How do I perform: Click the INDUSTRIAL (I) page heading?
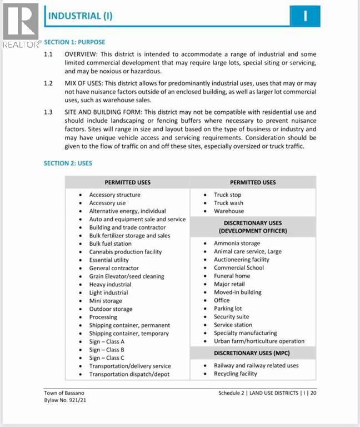pos(80,16)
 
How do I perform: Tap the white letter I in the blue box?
pos(305,16)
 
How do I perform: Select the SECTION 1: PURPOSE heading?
pos(74,42)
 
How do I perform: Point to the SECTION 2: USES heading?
pos(68,163)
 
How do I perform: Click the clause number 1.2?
pos(48,82)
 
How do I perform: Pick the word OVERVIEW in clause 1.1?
pos(82,54)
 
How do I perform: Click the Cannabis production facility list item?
pos(126,252)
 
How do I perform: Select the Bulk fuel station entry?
pos(111,244)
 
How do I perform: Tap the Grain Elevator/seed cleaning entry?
pos(127,276)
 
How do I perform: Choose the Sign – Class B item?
pos(107,350)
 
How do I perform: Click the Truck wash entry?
pos(229,203)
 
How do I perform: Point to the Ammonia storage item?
pos(237,244)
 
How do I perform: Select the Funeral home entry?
pos(232,276)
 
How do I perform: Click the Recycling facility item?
pos(236,374)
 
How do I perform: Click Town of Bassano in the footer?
pos(64,393)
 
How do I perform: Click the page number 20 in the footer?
pos(313,393)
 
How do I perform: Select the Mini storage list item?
pos(105,301)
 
